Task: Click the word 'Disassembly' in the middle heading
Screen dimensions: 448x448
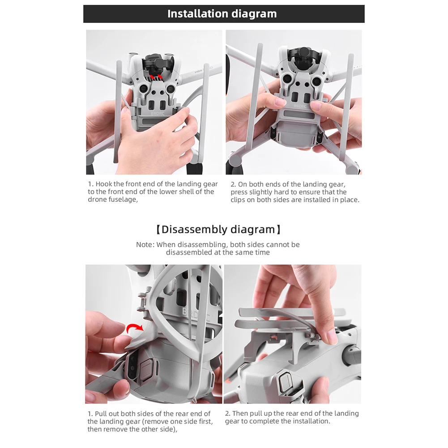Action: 194,230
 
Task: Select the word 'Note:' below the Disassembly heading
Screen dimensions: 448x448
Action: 145,244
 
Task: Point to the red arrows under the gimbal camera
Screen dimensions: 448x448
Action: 156,76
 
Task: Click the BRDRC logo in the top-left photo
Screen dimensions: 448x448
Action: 158,113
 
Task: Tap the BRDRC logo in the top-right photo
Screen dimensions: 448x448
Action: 300,106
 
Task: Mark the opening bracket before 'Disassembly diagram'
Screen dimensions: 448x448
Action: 158,230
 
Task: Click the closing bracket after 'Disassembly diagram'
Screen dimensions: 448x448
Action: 279,230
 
